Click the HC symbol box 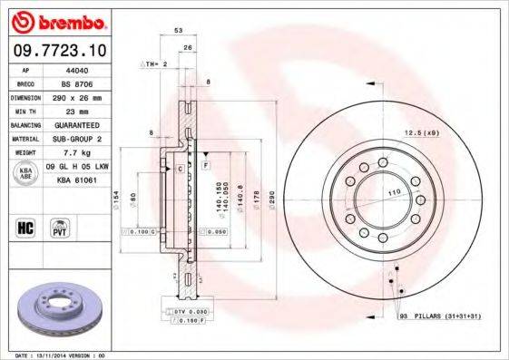(x=26, y=227)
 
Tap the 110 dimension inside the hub (x=394, y=194)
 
